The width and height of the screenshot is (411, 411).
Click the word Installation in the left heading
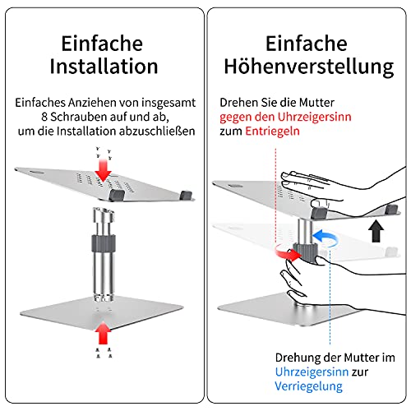coord(104,67)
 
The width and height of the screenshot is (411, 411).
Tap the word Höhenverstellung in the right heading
coord(309,67)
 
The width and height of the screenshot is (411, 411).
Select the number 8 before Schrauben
coord(44,117)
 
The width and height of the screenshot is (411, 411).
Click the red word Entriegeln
coord(272,132)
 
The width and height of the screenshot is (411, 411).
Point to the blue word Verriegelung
coord(308,386)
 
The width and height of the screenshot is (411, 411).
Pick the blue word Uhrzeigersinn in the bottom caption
coord(312,372)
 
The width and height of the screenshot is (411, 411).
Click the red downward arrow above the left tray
coord(103,170)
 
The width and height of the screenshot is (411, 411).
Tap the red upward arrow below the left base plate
coord(103,332)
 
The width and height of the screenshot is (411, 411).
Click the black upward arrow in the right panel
coord(376,231)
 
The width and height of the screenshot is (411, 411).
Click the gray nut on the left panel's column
coord(104,242)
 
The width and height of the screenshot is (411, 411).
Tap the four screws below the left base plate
coord(104,353)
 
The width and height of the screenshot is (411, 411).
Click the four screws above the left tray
coord(104,154)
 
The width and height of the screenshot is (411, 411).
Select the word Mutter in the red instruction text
coord(316,103)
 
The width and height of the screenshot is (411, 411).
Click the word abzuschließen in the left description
coord(157,132)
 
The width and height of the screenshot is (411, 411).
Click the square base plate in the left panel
coord(102,312)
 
